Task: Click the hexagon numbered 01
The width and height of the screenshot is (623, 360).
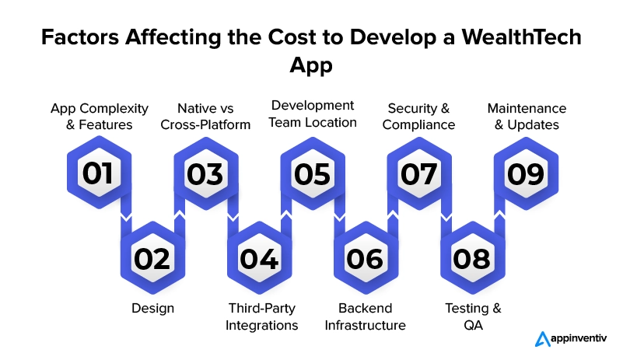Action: point(99,173)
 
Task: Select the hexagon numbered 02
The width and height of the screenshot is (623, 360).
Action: point(152,258)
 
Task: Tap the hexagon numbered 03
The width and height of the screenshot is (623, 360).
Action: point(206,173)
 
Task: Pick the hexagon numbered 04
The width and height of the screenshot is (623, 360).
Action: point(260,258)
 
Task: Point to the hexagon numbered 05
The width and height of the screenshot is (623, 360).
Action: point(313,173)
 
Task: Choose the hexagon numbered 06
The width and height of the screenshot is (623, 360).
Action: point(366,258)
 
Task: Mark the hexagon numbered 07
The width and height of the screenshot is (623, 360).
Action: point(419,173)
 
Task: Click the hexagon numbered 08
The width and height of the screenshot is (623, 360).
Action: point(473,258)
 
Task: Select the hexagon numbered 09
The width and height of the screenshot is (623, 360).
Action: point(526,173)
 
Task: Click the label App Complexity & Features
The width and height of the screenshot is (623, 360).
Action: point(100,117)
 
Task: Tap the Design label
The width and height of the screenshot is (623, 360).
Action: point(153,309)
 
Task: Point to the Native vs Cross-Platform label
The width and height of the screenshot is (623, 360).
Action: point(205,117)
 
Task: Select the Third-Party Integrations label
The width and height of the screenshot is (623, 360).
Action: point(262,316)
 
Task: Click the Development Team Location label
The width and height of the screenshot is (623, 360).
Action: point(313,114)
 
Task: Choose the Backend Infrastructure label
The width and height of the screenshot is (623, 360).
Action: point(365,316)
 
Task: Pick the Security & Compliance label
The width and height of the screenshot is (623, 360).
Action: point(418,117)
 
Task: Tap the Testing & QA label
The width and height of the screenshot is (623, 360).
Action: point(473,316)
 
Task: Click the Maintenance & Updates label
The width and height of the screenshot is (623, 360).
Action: point(527,117)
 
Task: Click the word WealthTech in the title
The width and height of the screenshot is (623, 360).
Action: point(521,37)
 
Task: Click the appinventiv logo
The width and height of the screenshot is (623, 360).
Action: point(571,339)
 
